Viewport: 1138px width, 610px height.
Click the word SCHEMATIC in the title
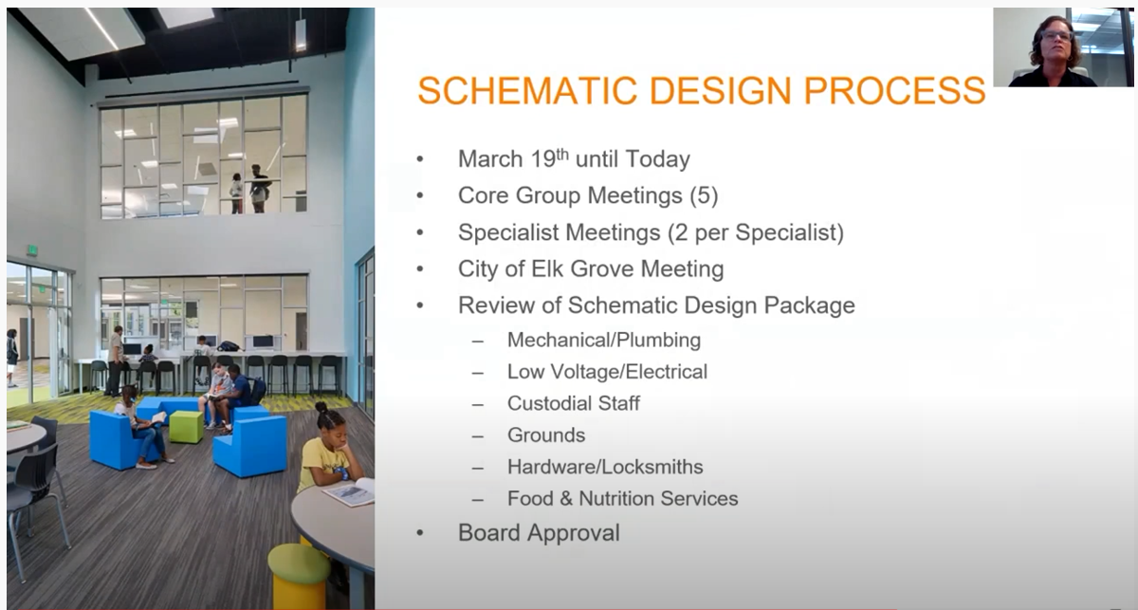click(x=527, y=91)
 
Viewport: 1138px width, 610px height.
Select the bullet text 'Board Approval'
click(x=539, y=533)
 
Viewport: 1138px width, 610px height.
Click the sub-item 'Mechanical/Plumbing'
click(x=604, y=340)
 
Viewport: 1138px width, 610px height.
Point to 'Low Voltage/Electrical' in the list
click(x=608, y=372)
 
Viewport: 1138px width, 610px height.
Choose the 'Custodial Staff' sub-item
click(x=574, y=403)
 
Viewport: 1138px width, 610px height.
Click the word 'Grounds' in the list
click(x=546, y=435)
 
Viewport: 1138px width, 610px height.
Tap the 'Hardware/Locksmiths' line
click(x=606, y=467)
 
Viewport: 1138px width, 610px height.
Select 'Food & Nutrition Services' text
click(x=623, y=498)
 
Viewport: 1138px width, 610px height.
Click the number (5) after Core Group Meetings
click(x=704, y=195)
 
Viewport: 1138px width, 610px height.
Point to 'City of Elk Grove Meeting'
click(x=591, y=268)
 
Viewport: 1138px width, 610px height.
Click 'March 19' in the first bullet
click(x=513, y=158)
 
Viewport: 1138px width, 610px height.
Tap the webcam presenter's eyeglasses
click(x=1056, y=36)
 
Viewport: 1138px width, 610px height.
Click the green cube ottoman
click(x=186, y=427)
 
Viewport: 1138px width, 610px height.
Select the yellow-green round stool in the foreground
click(x=299, y=577)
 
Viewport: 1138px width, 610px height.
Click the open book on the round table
click(x=349, y=491)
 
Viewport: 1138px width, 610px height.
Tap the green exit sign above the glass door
click(x=32, y=250)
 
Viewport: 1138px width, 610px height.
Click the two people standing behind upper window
click(x=249, y=189)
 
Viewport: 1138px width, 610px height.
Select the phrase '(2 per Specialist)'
click(x=756, y=232)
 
